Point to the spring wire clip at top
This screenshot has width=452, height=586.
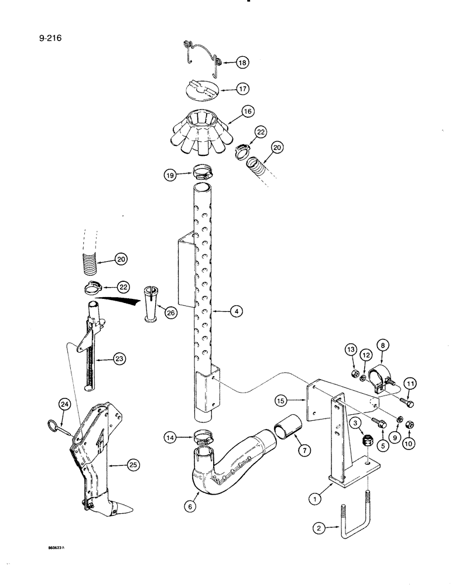[202, 54]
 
